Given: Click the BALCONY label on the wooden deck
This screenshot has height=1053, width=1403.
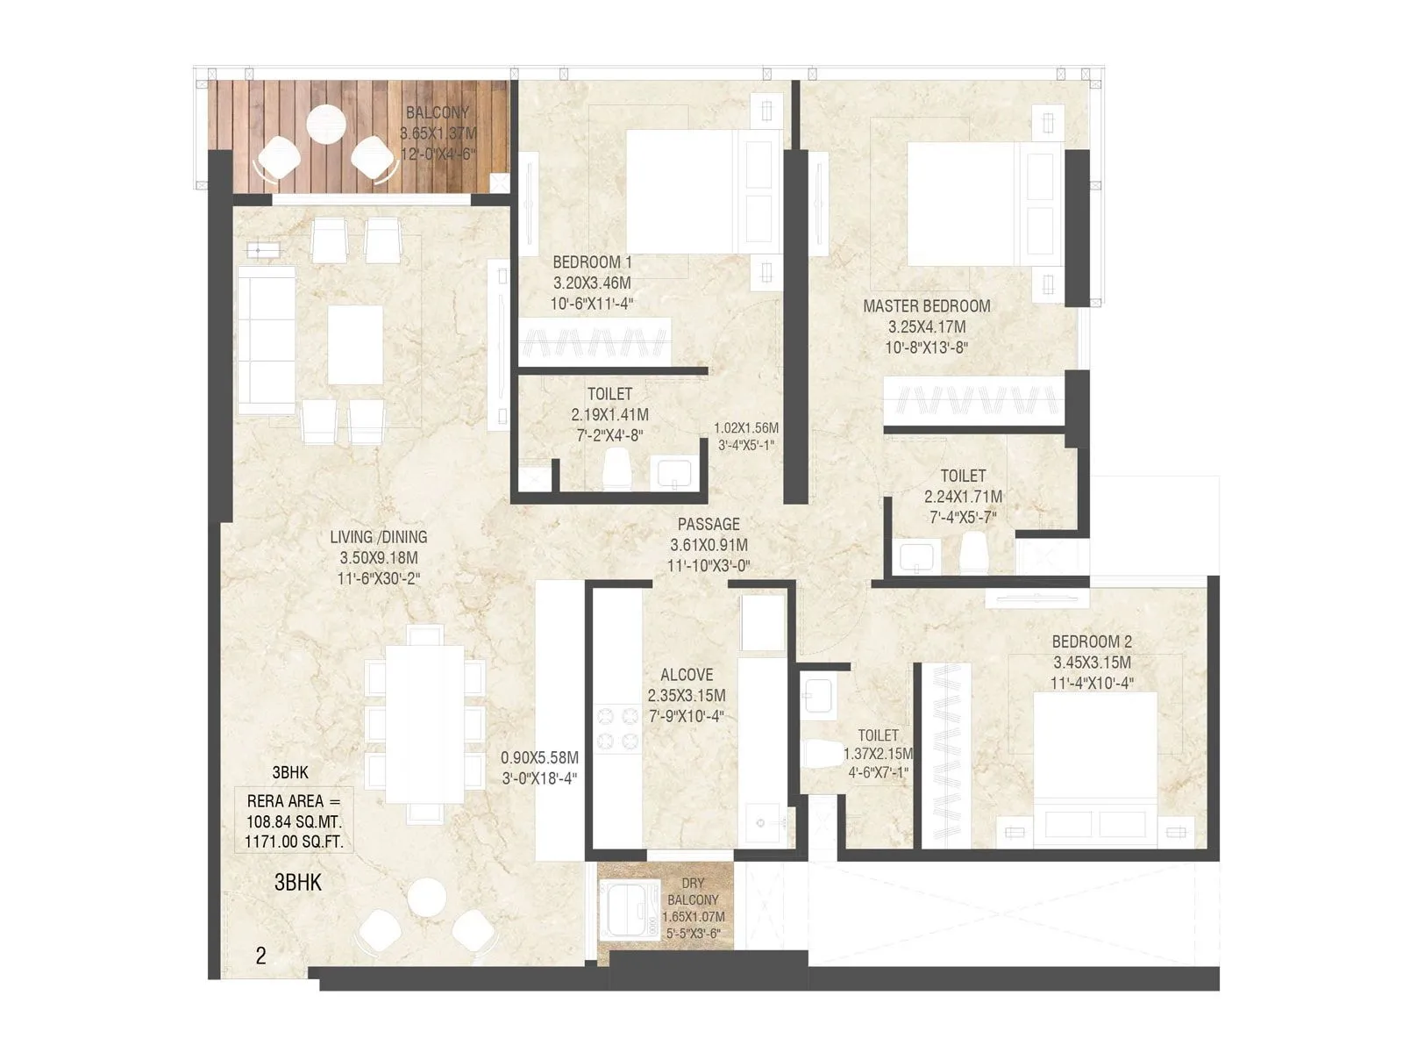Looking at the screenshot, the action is pyautogui.click(x=438, y=112).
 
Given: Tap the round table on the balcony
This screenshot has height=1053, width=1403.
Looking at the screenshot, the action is pyautogui.click(x=326, y=124).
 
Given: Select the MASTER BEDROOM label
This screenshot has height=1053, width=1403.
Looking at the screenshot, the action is pyautogui.click(x=926, y=306).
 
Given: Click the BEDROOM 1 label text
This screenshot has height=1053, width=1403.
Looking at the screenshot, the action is pyautogui.click(x=592, y=262).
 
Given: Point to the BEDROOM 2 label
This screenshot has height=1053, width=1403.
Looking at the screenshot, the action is pyautogui.click(x=1092, y=641).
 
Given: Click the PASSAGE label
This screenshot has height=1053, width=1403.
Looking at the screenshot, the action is pyautogui.click(x=709, y=524).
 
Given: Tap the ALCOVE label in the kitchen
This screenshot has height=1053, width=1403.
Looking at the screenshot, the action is pyautogui.click(x=687, y=675).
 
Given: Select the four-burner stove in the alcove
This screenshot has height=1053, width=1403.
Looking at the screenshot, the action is pyautogui.click(x=617, y=727).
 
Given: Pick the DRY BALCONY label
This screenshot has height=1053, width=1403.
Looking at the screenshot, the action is pyautogui.click(x=693, y=892).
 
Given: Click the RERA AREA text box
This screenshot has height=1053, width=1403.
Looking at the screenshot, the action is pyautogui.click(x=294, y=821).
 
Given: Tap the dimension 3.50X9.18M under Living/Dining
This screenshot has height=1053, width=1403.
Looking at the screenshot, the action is pyautogui.click(x=379, y=557).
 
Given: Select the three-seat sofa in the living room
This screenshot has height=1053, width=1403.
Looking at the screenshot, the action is pyautogui.click(x=267, y=340).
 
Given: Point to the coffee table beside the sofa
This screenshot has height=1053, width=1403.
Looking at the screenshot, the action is pyautogui.click(x=355, y=345).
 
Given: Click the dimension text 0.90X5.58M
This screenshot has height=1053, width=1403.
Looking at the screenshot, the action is pyautogui.click(x=539, y=757).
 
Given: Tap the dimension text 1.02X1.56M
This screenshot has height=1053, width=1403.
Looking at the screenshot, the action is pyautogui.click(x=746, y=427).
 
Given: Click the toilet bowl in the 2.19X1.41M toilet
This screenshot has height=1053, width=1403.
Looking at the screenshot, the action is pyautogui.click(x=616, y=468).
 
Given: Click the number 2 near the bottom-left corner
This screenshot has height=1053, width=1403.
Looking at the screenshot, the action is pyautogui.click(x=260, y=956).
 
